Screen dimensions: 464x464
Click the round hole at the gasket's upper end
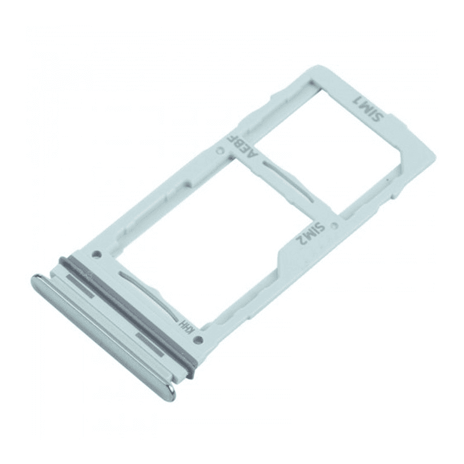tap(97, 253)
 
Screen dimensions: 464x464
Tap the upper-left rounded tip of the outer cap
tap(36, 282)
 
